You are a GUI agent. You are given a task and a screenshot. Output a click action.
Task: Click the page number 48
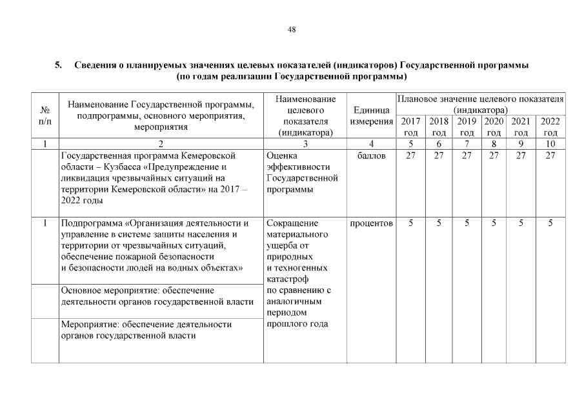click(x=292, y=30)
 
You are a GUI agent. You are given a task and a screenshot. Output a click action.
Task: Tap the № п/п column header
click(x=45, y=116)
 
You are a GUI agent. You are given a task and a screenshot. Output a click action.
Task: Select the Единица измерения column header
click(x=371, y=116)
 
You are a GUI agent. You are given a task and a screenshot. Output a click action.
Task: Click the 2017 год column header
click(x=410, y=126)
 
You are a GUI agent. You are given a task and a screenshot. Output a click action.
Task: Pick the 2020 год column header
click(x=494, y=126)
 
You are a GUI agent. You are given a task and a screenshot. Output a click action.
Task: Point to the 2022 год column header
click(x=550, y=126)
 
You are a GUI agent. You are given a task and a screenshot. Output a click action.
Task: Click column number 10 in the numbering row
click(x=550, y=144)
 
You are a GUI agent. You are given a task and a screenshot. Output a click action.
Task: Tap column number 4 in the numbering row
click(x=371, y=144)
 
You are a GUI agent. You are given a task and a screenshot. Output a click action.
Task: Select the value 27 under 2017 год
click(x=410, y=156)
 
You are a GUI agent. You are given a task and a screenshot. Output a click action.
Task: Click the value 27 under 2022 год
click(x=550, y=156)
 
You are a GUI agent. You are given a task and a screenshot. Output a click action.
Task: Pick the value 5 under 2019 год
click(x=467, y=223)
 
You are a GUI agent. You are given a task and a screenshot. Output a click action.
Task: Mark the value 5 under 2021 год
click(x=521, y=223)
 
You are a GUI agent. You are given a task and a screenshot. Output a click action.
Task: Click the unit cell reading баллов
click(x=371, y=156)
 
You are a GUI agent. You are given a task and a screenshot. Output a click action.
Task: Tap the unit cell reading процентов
click(x=371, y=223)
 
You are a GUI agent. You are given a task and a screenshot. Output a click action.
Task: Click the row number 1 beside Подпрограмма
click(x=45, y=223)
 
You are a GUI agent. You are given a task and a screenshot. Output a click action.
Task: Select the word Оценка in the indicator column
click(x=281, y=156)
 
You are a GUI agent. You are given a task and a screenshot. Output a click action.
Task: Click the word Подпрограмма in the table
click(x=90, y=223)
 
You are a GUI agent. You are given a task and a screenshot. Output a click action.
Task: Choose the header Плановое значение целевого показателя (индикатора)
click(x=480, y=105)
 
